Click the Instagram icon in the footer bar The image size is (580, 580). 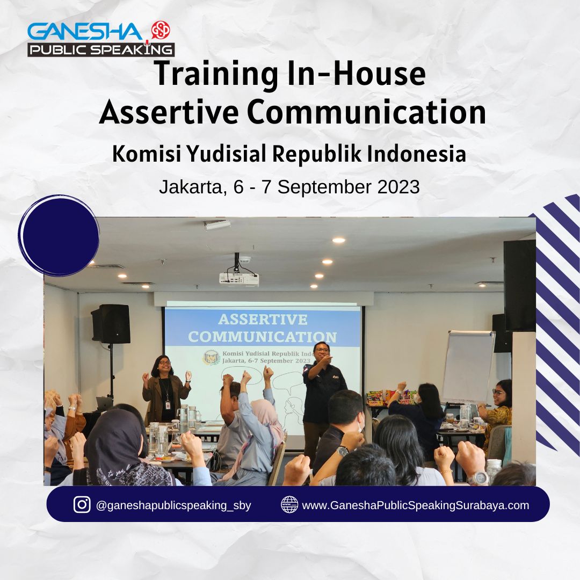(82, 504)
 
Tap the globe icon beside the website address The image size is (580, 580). (289, 504)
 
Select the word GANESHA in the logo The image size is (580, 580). (85, 32)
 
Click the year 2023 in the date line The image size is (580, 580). (398, 187)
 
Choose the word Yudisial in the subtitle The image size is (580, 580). (226, 154)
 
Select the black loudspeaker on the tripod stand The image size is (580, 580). (111, 324)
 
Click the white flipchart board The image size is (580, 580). (468, 366)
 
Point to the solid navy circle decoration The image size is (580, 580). (59, 236)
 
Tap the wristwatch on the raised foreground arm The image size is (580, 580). (342, 451)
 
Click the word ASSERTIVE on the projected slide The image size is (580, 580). (263, 319)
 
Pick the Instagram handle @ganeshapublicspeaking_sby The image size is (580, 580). (173, 505)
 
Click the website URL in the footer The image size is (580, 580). (415, 505)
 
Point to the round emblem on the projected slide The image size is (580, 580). (211, 357)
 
